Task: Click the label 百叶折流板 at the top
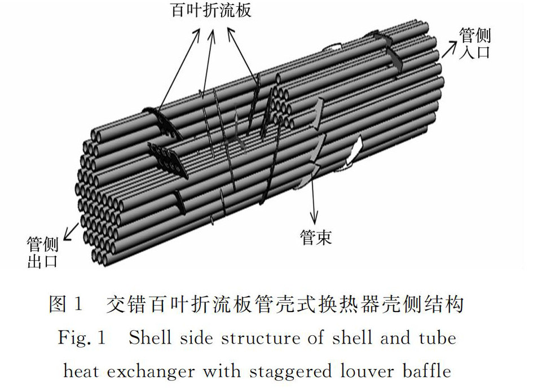tap(212, 11)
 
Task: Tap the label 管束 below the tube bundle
tap(316, 237)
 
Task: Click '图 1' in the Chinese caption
tap(66, 305)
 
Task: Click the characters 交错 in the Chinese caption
tap(124, 305)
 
